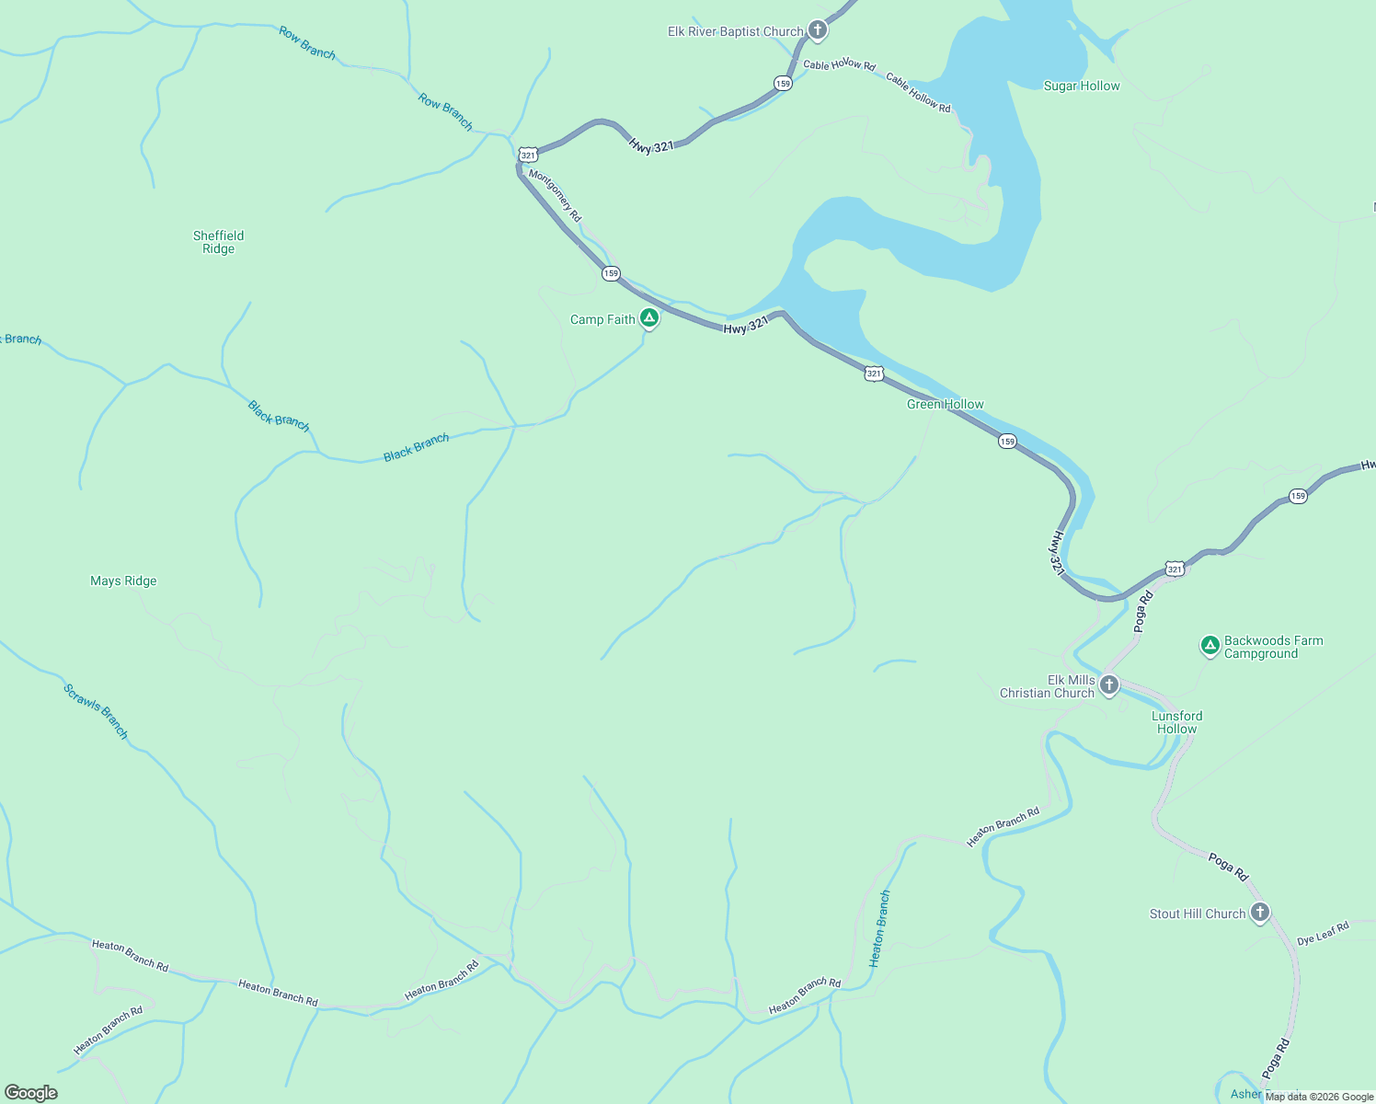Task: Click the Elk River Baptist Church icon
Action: coord(817,30)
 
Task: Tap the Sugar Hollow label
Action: coord(1082,86)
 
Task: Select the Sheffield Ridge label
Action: coord(219,242)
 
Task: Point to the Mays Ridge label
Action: coord(123,581)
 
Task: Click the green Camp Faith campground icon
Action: coord(649,318)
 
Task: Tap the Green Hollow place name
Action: coord(945,404)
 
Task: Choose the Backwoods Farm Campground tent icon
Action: coord(1210,645)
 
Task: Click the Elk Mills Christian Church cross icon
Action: coord(1109,684)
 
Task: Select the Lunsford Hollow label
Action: coord(1176,722)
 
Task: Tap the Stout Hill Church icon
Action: coord(1260,912)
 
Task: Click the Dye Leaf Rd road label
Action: coord(1323,934)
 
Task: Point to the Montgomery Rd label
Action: coord(555,194)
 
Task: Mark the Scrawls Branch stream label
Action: coord(96,710)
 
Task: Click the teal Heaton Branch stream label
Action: coord(880,928)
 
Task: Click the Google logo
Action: coord(31,1092)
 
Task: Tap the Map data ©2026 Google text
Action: coord(1319,1097)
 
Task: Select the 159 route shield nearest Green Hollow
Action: coord(1007,442)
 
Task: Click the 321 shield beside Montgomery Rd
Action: coord(528,155)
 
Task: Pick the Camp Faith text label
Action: coord(602,319)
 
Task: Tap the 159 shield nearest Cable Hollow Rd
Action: coord(783,84)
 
